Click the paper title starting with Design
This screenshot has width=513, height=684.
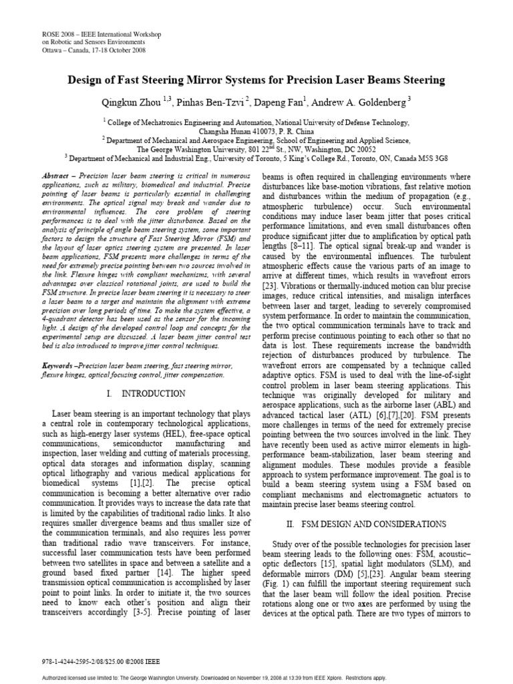[256, 80]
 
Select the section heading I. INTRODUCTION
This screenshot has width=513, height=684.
[140, 395]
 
